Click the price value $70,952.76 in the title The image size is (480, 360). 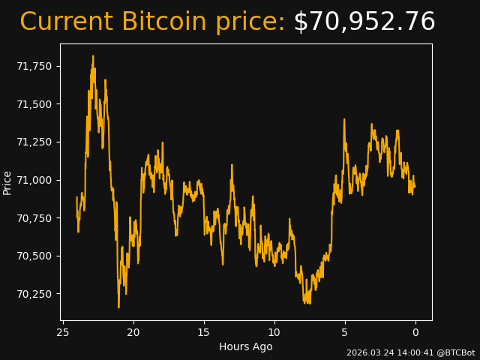364,22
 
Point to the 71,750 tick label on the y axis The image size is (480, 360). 34,66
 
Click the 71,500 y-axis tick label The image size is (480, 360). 34,104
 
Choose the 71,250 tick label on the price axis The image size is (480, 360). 34,142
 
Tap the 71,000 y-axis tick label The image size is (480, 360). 34,180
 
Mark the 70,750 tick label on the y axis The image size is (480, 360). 34,218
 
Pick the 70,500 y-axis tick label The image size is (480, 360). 34,256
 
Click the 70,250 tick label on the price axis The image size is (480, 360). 34,294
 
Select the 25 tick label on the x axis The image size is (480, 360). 63,332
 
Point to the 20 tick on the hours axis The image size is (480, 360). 133,332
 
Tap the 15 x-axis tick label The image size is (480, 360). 204,332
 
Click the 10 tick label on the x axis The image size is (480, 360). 274,332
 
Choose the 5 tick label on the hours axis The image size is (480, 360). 345,332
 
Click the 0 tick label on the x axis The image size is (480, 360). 415,332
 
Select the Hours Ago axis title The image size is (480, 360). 246,346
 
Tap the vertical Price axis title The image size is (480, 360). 7,182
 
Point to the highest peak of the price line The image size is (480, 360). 93,56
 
